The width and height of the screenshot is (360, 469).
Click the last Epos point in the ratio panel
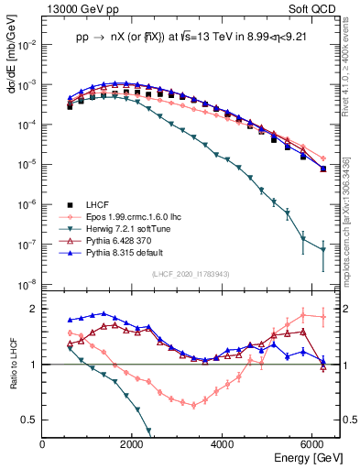322,318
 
